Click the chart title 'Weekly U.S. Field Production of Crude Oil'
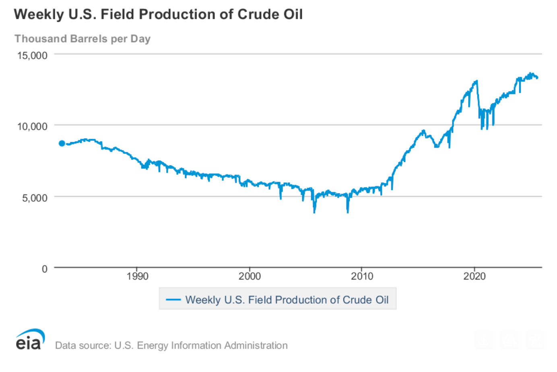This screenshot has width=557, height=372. pyautogui.click(x=158, y=14)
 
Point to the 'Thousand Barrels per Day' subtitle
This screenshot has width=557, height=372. pyautogui.click(x=83, y=39)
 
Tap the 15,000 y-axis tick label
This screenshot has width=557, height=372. pyautogui.click(x=32, y=55)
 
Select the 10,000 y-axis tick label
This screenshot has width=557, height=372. pyautogui.click(x=32, y=127)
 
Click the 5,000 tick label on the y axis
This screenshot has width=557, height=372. pyautogui.click(x=35, y=198)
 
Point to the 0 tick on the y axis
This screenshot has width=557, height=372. pyautogui.click(x=45, y=269)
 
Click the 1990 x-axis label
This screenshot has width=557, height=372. pyautogui.click(x=137, y=276)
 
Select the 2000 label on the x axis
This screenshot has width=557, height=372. pyautogui.click(x=250, y=276)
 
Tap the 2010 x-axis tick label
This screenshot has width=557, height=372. pyautogui.click(x=362, y=276)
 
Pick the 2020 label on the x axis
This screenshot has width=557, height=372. pyautogui.click(x=474, y=276)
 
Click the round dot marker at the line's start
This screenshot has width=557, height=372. pyautogui.click(x=62, y=143)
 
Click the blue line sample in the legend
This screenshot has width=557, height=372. pyautogui.click(x=173, y=300)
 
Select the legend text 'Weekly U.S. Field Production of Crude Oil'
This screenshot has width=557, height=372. pyautogui.click(x=287, y=300)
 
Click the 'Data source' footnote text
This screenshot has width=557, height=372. pyautogui.click(x=171, y=345)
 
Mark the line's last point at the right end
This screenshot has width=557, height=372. pyautogui.click(x=537, y=78)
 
